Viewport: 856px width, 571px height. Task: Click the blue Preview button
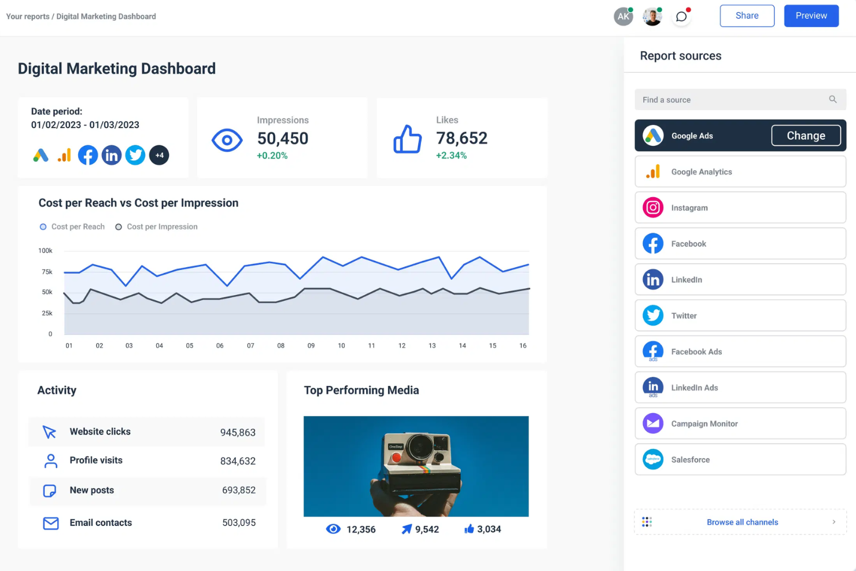[811, 16]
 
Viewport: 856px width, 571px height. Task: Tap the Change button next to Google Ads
[806, 135]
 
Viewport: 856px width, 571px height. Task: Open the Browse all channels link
[741, 522]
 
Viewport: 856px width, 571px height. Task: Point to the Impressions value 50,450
[283, 138]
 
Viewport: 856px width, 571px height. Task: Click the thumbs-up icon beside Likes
[408, 139]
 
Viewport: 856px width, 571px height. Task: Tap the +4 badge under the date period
[159, 155]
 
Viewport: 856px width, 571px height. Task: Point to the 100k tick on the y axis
[45, 250]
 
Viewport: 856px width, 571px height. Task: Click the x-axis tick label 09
[311, 345]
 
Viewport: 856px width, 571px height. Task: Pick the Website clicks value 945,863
[238, 432]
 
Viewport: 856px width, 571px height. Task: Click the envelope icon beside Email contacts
[51, 523]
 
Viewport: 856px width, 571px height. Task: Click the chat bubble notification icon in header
[681, 17]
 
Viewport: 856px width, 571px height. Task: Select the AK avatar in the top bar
[623, 17]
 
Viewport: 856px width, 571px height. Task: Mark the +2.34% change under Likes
[451, 156]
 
